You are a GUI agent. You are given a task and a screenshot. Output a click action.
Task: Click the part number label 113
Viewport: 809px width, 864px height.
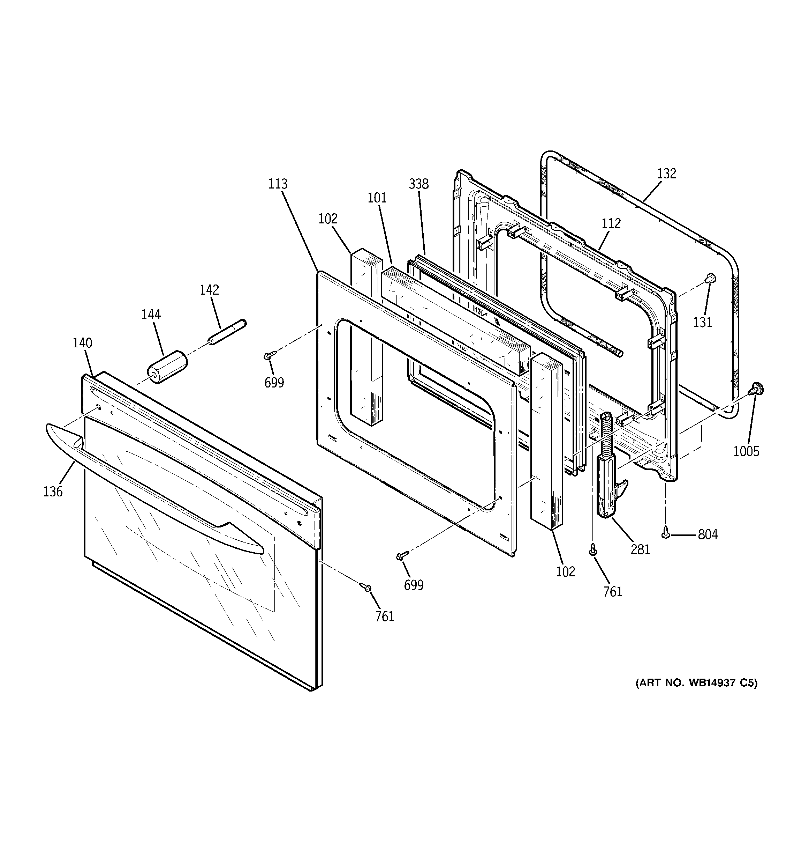(278, 184)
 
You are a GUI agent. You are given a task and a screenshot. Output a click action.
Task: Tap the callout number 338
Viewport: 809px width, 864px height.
(418, 184)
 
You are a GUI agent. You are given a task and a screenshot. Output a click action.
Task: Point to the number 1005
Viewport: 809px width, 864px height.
(746, 452)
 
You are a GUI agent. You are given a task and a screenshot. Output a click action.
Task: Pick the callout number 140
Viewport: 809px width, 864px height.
(82, 344)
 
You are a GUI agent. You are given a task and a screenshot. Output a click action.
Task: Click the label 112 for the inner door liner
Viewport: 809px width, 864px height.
(611, 224)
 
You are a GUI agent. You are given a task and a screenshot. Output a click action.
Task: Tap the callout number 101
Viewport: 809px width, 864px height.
(377, 198)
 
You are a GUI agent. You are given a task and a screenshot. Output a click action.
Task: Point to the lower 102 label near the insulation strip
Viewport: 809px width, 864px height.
(565, 571)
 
